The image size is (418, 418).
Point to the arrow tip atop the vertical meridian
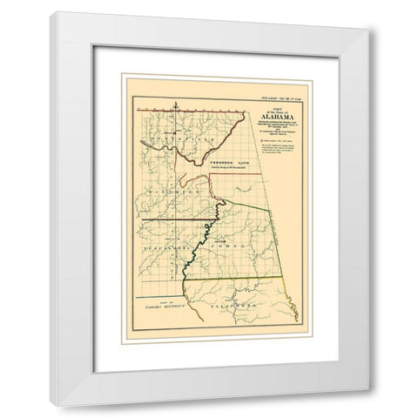pos(174,103)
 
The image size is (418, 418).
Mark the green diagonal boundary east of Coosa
pos(272,235)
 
